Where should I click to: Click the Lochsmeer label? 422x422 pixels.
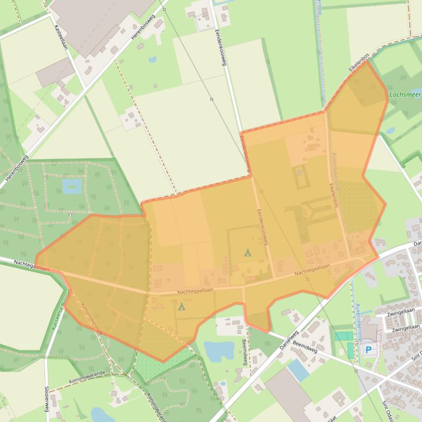(x=404, y=94)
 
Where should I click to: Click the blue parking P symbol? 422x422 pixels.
(x=368, y=349)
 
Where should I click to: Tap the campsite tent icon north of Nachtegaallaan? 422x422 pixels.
(x=247, y=253)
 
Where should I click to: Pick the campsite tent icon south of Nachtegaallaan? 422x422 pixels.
(x=182, y=306)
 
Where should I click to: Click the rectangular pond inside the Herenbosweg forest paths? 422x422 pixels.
(x=72, y=186)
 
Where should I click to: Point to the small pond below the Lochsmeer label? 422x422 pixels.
(x=390, y=131)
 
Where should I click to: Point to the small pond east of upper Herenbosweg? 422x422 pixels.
(x=152, y=59)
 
